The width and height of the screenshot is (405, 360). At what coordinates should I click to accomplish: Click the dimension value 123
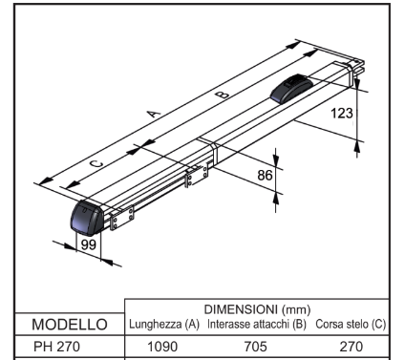(342, 114)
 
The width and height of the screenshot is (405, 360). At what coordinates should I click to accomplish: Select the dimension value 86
(265, 175)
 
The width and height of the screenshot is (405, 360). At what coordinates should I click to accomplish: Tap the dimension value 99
(89, 244)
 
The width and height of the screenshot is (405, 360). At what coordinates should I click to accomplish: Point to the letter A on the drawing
(154, 114)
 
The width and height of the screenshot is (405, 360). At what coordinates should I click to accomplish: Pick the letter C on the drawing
(96, 164)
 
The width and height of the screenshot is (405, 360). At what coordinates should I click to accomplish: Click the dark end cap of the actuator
(87, 217)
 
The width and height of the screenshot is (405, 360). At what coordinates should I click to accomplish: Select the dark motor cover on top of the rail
(291, 89)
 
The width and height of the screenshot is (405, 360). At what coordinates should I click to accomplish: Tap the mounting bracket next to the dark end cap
(121, 218)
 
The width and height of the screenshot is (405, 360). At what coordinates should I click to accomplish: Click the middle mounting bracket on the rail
(197, 176)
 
